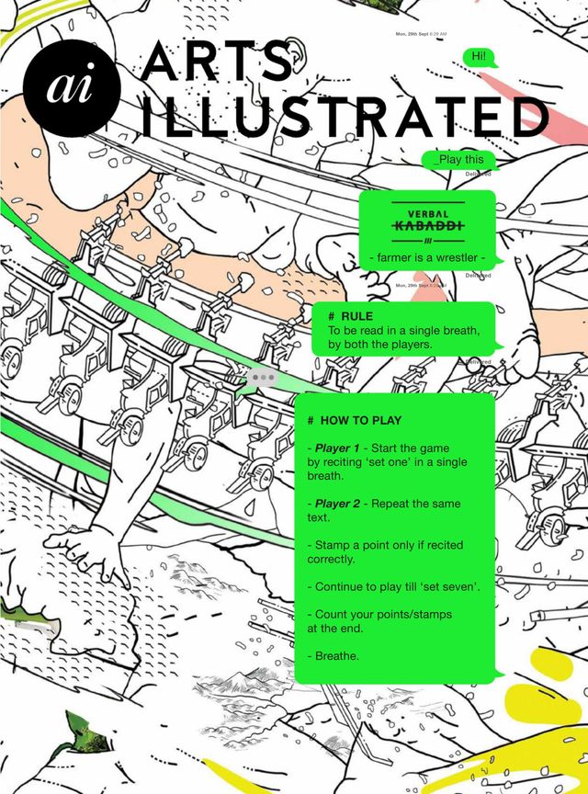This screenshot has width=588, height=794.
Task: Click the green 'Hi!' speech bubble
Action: pos(479,57)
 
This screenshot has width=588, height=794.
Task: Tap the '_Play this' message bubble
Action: pos(458,159)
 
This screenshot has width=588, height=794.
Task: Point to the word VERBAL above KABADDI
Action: pos(428,213)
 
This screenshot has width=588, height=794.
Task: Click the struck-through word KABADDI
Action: pos(428,226)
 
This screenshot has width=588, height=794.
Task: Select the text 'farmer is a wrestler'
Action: pos(427,257)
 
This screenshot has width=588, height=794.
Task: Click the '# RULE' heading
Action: pos(350,316)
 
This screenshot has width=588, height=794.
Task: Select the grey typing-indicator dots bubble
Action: pos(263,377)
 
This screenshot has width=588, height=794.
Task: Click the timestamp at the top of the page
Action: pos(421,34)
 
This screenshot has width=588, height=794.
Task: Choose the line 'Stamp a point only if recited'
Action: pos(389,545)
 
